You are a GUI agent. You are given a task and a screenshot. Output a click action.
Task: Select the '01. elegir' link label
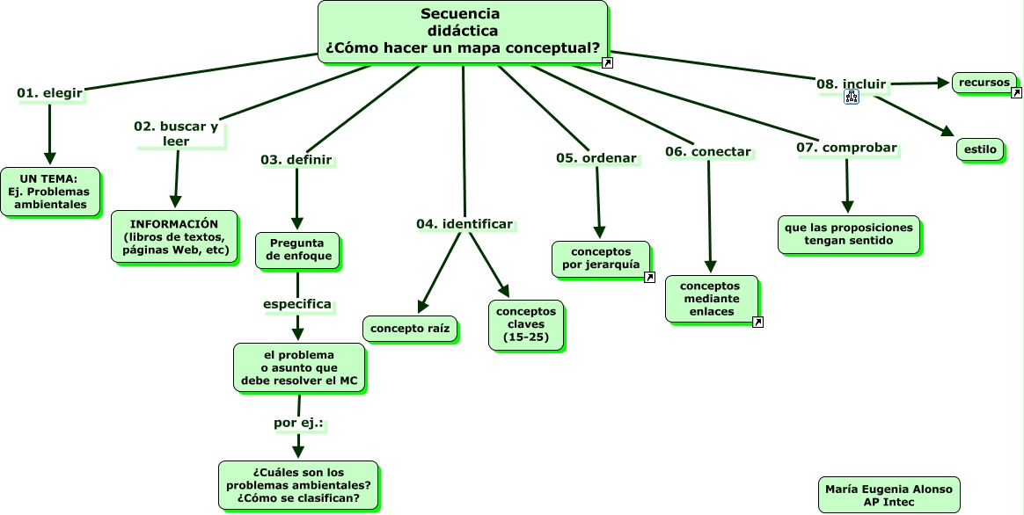(x=50, y=93)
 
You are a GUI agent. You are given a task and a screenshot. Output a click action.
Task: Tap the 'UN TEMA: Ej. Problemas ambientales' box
(x=50, y=192)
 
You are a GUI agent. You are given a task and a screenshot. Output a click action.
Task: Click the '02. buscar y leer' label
(x=176, y=134)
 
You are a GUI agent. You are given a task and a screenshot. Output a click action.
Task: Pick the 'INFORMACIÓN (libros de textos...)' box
(x=174, y=236)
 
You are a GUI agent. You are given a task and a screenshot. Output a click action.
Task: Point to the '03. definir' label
(x=296, y=160)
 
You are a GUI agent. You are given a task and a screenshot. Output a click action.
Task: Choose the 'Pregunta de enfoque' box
(x=297, y=250)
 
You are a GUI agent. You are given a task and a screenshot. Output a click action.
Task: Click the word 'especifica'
(x=297, y=305)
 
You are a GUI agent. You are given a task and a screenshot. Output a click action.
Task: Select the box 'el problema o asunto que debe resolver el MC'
(x=299, y=367)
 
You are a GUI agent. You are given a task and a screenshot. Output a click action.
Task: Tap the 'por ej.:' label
(x=299, y=424)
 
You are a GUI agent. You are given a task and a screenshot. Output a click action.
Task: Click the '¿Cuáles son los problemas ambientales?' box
(x=297, y=485)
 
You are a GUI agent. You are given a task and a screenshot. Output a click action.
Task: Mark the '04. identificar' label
(x=464, y=225)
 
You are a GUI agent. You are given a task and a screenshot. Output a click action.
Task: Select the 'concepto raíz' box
(x=410, y=330)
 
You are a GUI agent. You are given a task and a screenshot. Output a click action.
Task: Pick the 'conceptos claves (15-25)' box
(x=526, y=325)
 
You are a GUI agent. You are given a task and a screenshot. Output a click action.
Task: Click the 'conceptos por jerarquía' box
(x=600, y=258)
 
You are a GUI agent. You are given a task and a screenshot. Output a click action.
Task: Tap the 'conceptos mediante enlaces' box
(x=710, y=299)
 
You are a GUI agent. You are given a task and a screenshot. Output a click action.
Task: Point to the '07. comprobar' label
(x=846, y=148)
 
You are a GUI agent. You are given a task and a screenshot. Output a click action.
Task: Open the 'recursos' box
(x=984, y=83)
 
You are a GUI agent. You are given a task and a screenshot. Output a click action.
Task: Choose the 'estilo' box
(x=980, y=150)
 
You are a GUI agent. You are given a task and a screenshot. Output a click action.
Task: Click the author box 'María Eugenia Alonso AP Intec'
(x=889, y=495)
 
